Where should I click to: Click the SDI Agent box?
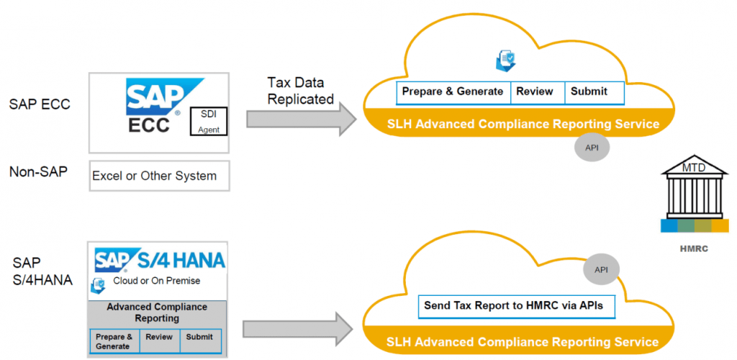click(x=208, y=122)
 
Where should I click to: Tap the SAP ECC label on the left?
click(x=40, y=104)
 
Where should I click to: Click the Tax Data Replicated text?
click(x=300, y=91)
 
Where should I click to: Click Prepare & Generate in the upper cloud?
click(x=453, y=92)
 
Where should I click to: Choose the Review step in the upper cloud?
click(x=535, y=92)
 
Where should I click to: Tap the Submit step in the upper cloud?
click(x=589, y=92)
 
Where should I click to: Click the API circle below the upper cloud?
click(x=591, y=148)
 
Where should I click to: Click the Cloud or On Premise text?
click(x=156, y=281)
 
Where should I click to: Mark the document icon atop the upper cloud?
click(x=505, y=61)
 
